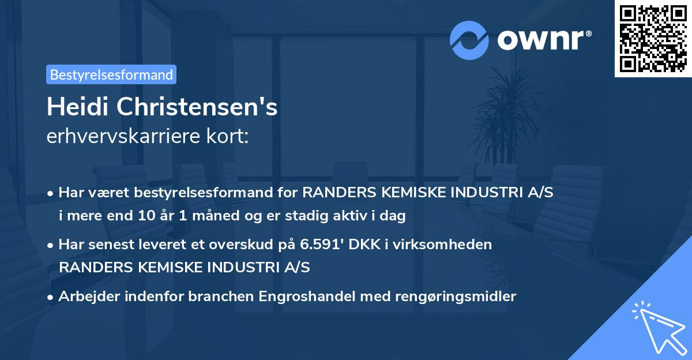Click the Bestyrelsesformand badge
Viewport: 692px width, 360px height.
coord(111,74)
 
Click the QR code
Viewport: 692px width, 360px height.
coord(653,39)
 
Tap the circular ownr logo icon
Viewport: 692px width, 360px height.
coord(469,40)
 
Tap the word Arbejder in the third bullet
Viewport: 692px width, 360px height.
coord(86,297)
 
